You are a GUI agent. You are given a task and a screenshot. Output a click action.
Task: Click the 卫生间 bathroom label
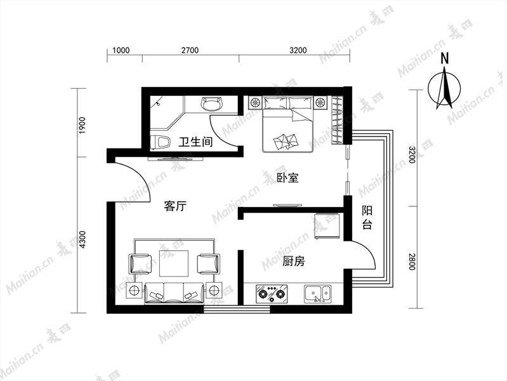point(196,142)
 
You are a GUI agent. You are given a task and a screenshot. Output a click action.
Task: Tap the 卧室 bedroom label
point(288,177)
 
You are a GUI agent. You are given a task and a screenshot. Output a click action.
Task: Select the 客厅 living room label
point(175,206)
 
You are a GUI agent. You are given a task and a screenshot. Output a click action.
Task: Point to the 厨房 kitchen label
point(294,261)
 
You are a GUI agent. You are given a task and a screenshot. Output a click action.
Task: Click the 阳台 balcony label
point(367,217)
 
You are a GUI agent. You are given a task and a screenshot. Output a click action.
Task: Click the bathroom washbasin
point(213,104)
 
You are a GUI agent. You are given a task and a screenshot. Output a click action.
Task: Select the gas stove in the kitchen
point(272,293)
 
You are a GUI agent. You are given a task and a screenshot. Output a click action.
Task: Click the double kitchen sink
point(317,293)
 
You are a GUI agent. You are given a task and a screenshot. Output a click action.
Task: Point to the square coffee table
point(174,264)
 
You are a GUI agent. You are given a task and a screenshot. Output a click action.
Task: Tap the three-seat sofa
point(174,293)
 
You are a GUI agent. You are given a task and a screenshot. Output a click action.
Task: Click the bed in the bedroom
point(288,124)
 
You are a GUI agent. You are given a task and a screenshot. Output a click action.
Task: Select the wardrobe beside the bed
point(336,120)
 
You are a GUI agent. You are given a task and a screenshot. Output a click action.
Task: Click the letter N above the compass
point(445,58)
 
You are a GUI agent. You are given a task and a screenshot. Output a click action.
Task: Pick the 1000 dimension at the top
point(121,50)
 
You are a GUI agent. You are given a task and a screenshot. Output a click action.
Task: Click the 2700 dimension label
point(190,50)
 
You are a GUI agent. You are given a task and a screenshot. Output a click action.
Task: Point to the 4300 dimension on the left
point(83,239)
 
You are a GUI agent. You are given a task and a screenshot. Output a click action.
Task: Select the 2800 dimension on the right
point(411,262)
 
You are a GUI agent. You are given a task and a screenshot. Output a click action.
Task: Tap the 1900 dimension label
point(83,126)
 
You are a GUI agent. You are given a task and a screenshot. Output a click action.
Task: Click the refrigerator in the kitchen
point(327,226)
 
